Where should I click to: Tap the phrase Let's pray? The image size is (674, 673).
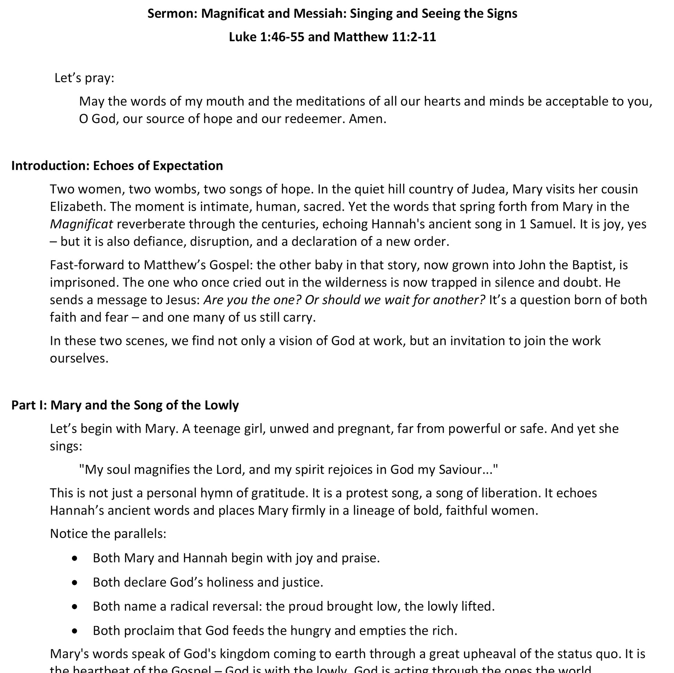85,78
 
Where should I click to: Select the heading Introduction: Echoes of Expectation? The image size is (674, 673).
117,166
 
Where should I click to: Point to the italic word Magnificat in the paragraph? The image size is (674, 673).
81,225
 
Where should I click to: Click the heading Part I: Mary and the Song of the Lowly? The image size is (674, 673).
125,405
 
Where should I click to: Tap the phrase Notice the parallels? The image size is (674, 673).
108,534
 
